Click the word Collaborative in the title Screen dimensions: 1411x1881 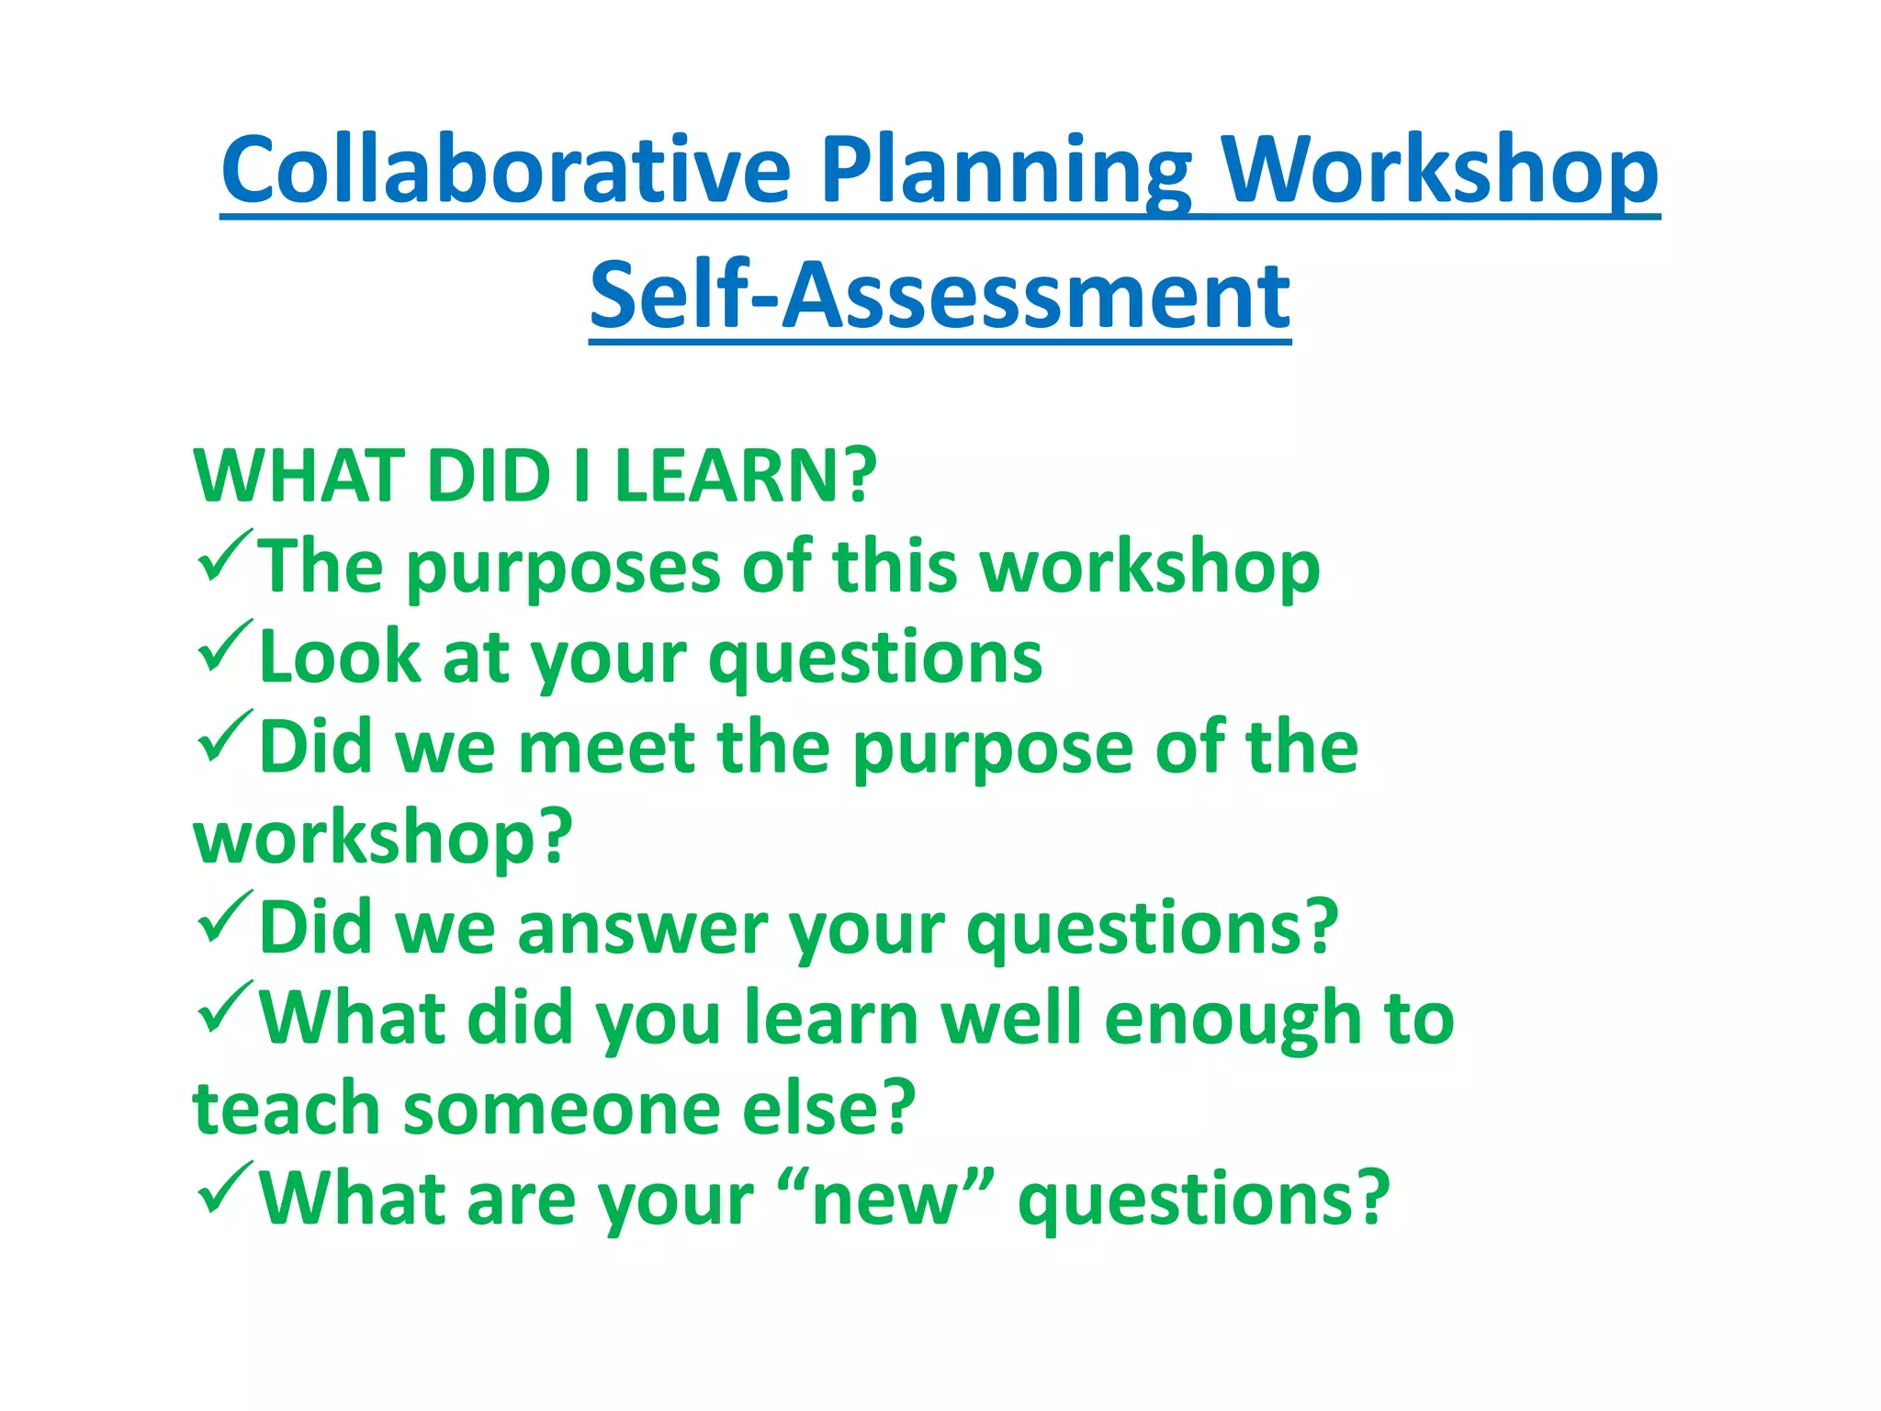point(505,172)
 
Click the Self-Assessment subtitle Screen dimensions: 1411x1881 point(940,296)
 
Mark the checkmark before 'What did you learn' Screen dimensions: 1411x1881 point(223,1007)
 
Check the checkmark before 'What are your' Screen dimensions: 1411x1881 point(223,1188)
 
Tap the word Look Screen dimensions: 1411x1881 point(339,658)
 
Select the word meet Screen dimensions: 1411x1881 point(606,748)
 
